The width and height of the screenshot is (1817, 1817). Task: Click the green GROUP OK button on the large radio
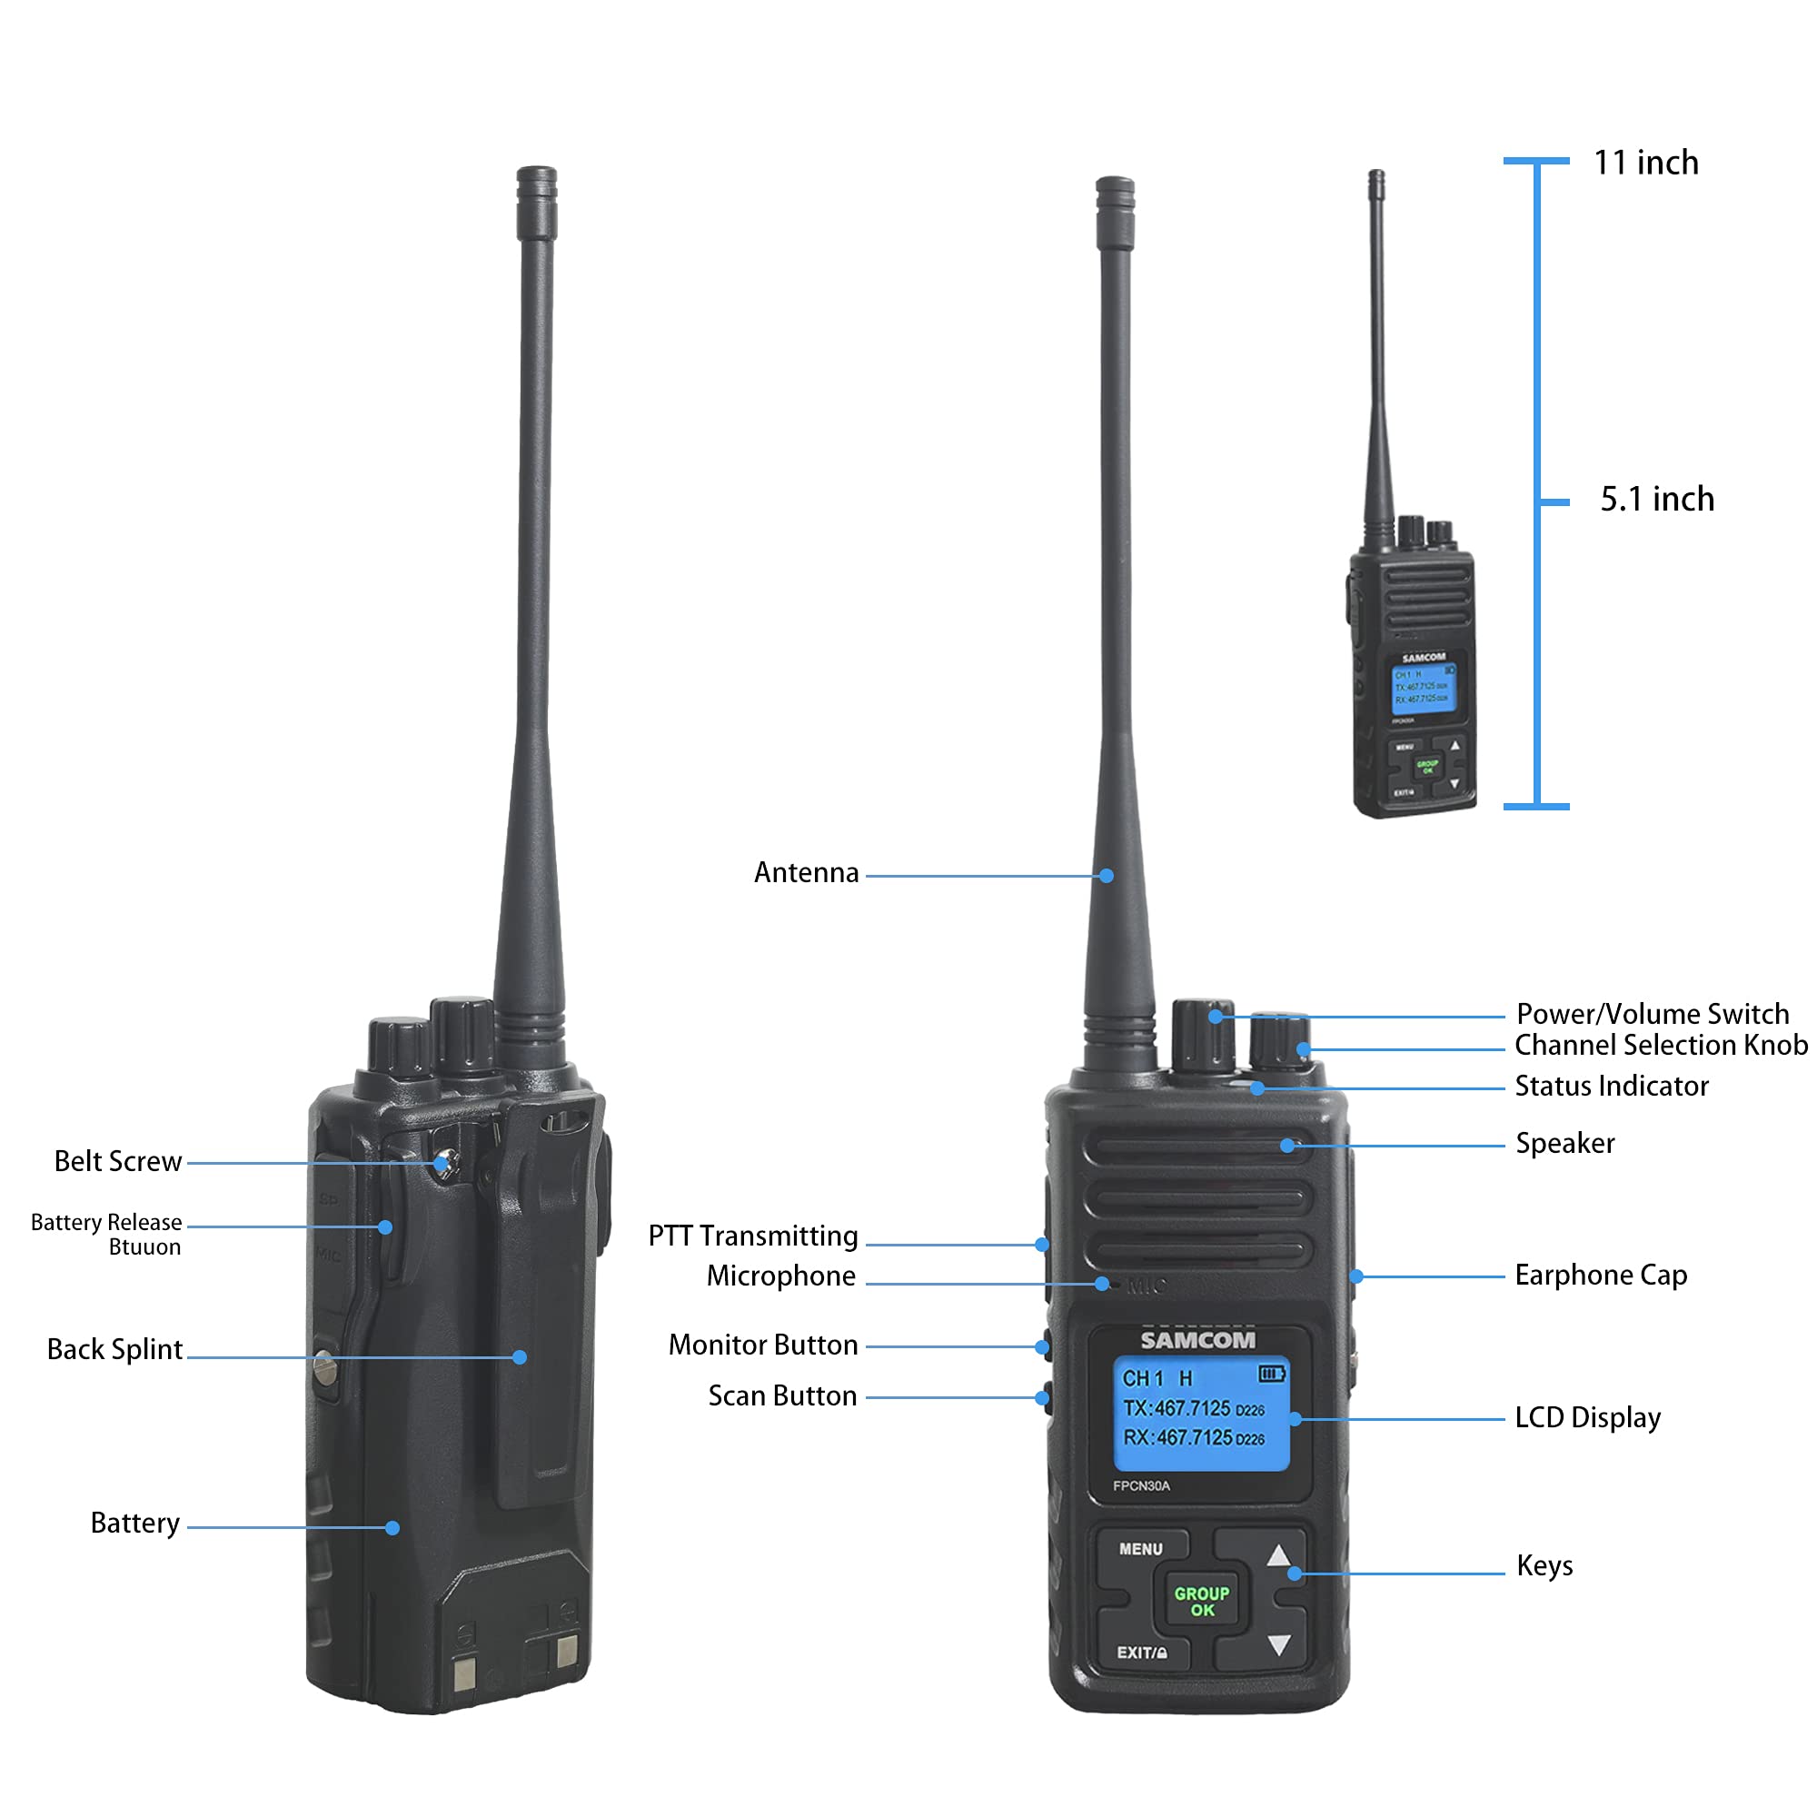click(1201, 1601)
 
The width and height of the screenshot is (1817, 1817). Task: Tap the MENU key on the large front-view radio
click(1141, 1549)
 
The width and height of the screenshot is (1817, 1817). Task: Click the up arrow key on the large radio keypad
click(1278, 1555)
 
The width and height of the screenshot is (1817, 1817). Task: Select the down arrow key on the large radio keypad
click(1278, 1645)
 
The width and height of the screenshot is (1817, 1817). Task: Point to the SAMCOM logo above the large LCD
click(1197, 1340)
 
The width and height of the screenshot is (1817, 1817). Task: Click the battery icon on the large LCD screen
click(1272, 1374)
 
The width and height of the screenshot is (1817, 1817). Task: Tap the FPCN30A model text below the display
click(1141, 1486)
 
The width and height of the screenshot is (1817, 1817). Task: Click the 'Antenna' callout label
click(806, 873)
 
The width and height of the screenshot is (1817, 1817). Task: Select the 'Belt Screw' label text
click(117, 1161)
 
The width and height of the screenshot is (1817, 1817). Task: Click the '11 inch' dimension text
click(1646, 163)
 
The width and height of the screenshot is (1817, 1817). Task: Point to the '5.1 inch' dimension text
click(1657, 500)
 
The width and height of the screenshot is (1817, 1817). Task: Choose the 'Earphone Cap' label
click(1601, 1276)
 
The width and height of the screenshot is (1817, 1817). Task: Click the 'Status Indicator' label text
click(1611, 1087)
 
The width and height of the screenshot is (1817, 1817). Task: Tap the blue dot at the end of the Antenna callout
click(1107, 876)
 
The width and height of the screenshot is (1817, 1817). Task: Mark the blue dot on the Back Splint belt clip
click(520, 1357)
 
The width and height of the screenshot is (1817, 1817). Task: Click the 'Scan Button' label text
click(782, 1395)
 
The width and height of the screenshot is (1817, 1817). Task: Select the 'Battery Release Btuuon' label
click(106, 1234)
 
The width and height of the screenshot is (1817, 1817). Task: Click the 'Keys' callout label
click(1544, 1566)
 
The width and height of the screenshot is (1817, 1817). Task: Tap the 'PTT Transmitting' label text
click(752, 1236)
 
